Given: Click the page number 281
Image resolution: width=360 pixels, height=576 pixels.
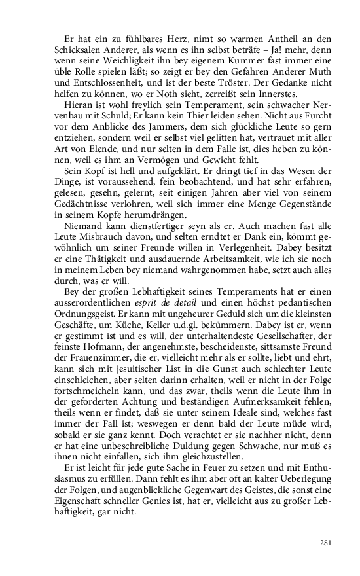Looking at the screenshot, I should pyautogui.click(x=327, y=542).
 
